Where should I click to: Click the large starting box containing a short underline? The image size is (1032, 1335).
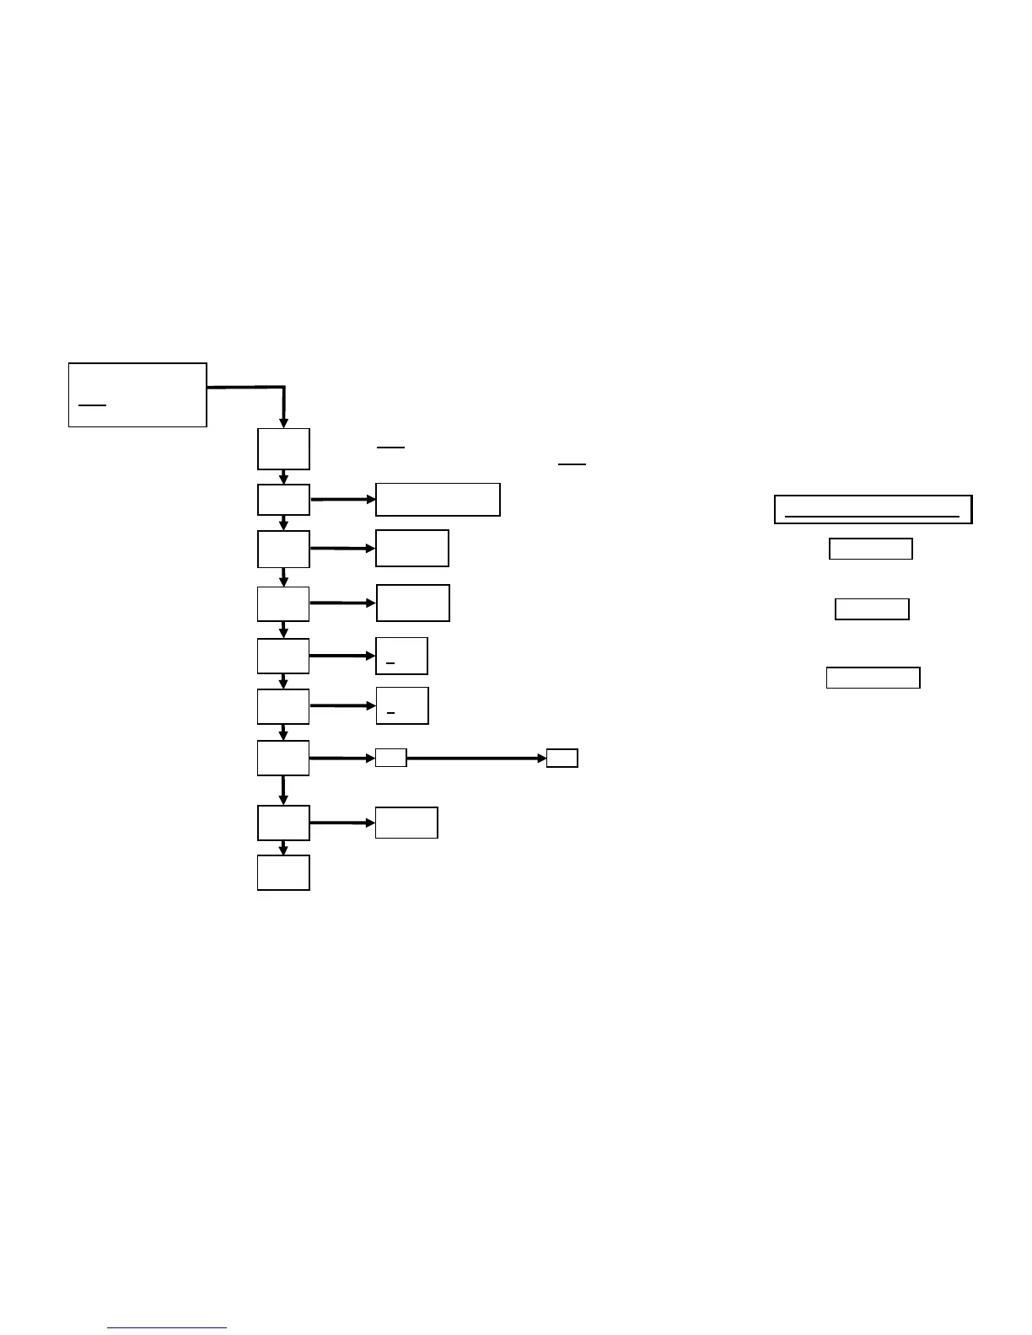[137, 394]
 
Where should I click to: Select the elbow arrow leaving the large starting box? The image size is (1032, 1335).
[253, 389]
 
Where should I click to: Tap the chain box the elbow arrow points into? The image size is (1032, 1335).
[283, 449]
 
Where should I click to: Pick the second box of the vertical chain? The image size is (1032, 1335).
[283, 500]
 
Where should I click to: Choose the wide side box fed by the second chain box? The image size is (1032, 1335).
[438, 500]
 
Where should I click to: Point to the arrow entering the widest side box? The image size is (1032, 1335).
[342, 500]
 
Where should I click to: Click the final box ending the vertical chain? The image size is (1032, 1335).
[283, 872]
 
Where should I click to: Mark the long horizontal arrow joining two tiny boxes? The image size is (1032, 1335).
[476, 759]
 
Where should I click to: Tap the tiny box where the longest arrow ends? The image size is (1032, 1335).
[562, 758]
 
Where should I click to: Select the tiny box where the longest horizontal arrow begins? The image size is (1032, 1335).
[390, 758]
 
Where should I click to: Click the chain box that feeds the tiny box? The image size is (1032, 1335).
[283, 759]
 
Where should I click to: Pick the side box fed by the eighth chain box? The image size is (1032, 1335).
[406, 823]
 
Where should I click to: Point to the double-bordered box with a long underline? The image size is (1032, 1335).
[873, 509]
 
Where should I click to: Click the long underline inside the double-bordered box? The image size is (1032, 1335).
[872, 515]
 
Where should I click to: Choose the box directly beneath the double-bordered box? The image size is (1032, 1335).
[871, 549]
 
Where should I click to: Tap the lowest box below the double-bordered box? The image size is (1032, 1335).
[873, 678]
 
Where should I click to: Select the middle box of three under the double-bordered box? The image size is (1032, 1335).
[872, 609]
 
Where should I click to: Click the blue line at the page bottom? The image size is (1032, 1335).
[167, 1328]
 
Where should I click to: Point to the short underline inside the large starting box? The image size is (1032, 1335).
[92, 405]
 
